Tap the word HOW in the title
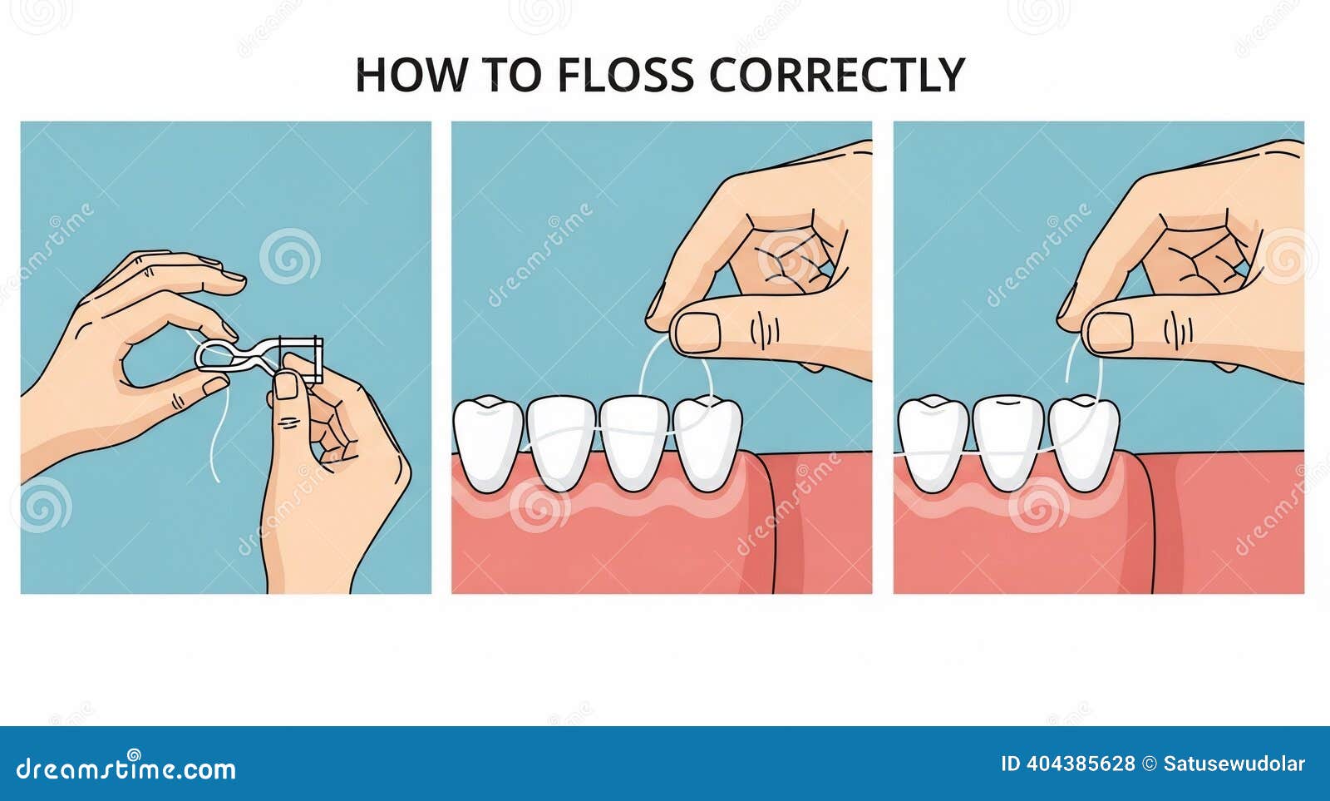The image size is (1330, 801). point(411,75)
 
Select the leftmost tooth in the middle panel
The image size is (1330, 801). point(489,444)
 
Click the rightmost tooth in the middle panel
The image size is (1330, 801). point(707,444)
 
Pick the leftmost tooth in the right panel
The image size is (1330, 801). point(933,444)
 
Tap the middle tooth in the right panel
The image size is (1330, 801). point(1008,444)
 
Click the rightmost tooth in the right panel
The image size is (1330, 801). point(1084,444)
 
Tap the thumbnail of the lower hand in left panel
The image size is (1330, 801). point(286,385)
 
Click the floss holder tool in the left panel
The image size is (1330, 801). point(259,358)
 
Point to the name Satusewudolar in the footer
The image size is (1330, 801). point(1234,764)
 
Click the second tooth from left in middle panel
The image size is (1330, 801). point(561,444)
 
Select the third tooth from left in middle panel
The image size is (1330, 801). point(635,444)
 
